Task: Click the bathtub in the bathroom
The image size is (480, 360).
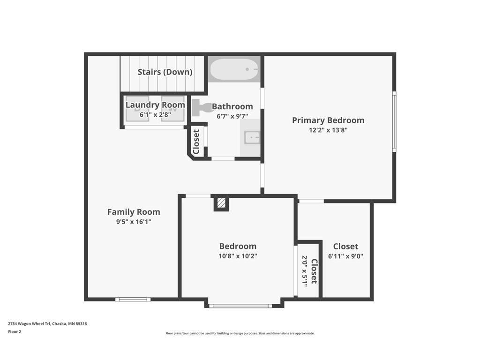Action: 234,69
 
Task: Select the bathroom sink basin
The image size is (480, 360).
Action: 252,137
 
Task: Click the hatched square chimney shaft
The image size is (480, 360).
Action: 221,203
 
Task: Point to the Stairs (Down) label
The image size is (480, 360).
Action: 165,72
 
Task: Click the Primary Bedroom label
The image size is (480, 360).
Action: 328,120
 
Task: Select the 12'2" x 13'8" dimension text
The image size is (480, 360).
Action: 328,130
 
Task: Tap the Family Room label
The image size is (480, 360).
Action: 134,212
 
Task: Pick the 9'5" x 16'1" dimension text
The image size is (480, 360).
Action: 134,222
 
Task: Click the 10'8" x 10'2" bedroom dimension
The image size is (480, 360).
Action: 238,256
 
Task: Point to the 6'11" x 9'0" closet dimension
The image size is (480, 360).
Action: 345,256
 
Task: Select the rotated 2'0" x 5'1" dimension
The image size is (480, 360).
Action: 305,271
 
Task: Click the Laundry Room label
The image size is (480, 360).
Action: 155,105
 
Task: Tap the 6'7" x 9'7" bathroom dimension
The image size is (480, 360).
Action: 232,116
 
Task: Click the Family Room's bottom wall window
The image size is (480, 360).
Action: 133,299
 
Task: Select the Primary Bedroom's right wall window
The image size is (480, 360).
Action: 394,121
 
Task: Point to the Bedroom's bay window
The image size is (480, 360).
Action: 240,306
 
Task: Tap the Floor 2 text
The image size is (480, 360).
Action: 15,331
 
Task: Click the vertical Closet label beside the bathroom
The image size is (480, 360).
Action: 196,142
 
